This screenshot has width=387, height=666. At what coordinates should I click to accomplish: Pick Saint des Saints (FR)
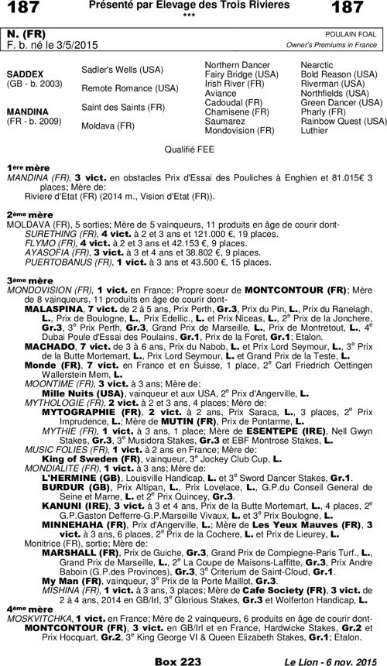[x=121, y=107]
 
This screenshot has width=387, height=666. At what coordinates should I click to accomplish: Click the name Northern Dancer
[x=237, y=65]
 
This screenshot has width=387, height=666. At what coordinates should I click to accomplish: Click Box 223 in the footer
[x=181, y=658]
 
